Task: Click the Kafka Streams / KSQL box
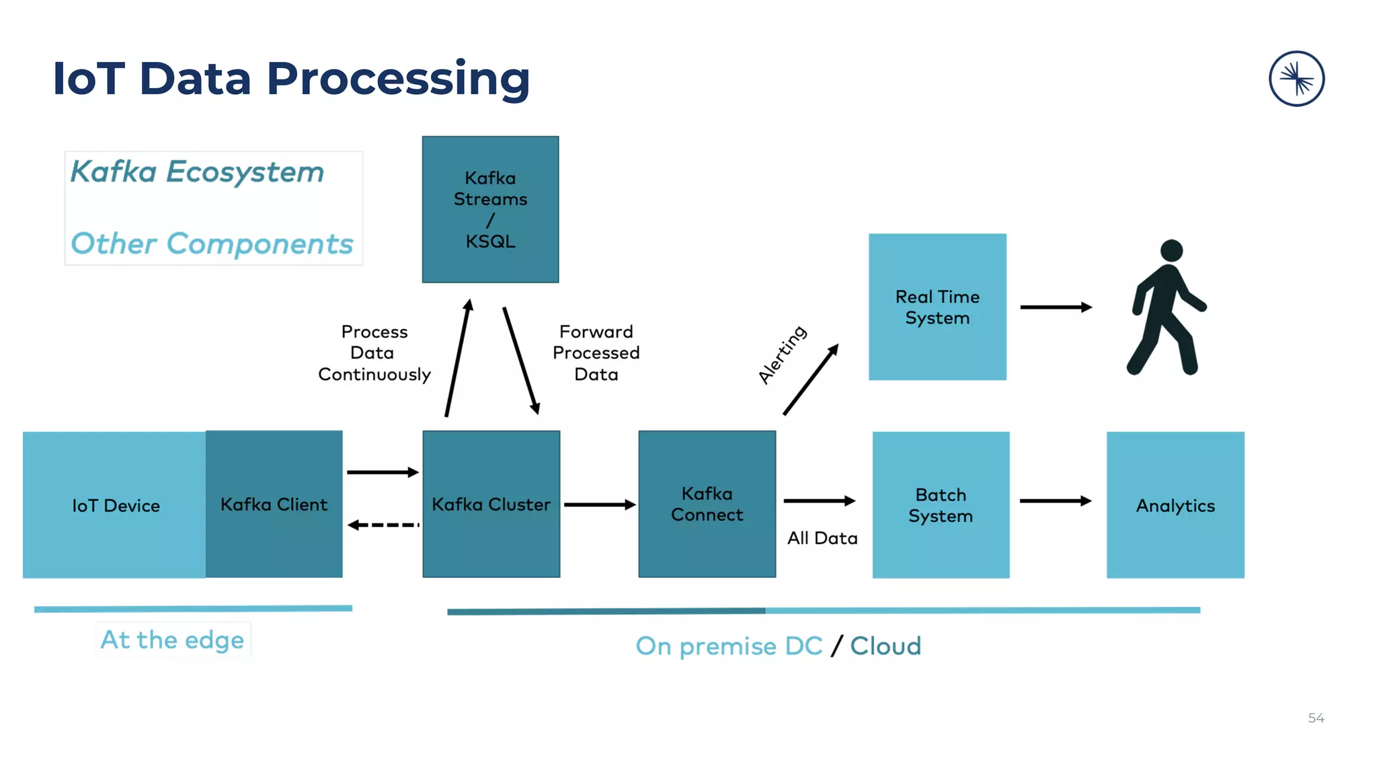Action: tap(490, 209)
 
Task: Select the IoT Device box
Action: tap(114, 505)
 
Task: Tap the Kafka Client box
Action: tap(274, 504)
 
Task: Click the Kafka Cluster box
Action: tap(491, 504)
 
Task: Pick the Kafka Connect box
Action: tap(707, 504)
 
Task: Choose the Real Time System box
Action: tap(937, 307)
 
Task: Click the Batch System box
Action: tap(941, 505)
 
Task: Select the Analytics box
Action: tap(1175, 505)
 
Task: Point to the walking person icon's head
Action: tap(1171, 250)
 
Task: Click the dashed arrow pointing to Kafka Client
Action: tap(383, 525)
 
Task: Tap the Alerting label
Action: tap(782, 355)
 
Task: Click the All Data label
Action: tap(822, 538)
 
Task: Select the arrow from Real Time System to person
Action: tap(1056, 307)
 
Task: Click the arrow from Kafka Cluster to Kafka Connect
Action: tap(599, 505)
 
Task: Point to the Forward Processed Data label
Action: tap(596, 353)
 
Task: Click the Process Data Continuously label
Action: tap(374, 353)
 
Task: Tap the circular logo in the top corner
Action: tap(1296, 79)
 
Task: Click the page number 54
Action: tap(1316, 718)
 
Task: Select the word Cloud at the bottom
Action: tap(886, 646)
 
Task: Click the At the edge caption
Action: tap(172, 639)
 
